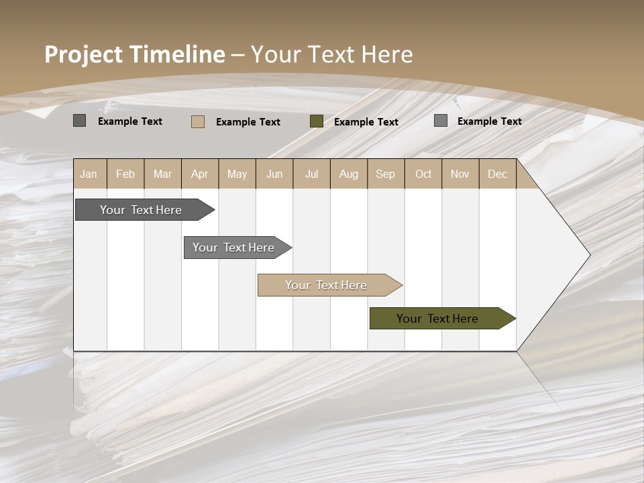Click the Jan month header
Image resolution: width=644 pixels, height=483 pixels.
89,174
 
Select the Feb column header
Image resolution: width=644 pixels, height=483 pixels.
125,174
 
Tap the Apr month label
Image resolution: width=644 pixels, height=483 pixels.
199,174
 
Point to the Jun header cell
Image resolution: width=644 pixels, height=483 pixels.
274,174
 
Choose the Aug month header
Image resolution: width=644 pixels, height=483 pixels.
348,174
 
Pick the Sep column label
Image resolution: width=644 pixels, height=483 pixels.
385,174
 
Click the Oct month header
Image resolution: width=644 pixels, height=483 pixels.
423,174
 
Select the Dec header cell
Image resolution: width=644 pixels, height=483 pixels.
497,174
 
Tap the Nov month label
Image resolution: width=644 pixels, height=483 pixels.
460,174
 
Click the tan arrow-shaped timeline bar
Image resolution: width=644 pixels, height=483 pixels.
327,285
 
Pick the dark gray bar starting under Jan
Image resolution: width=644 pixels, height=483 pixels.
142,210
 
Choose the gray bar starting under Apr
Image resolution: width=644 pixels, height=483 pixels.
234,248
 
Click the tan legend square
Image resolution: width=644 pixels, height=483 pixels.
198,121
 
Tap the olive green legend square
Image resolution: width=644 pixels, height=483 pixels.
317,121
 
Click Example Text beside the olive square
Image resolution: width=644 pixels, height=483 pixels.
366,122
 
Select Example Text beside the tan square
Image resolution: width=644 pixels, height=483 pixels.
248,122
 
